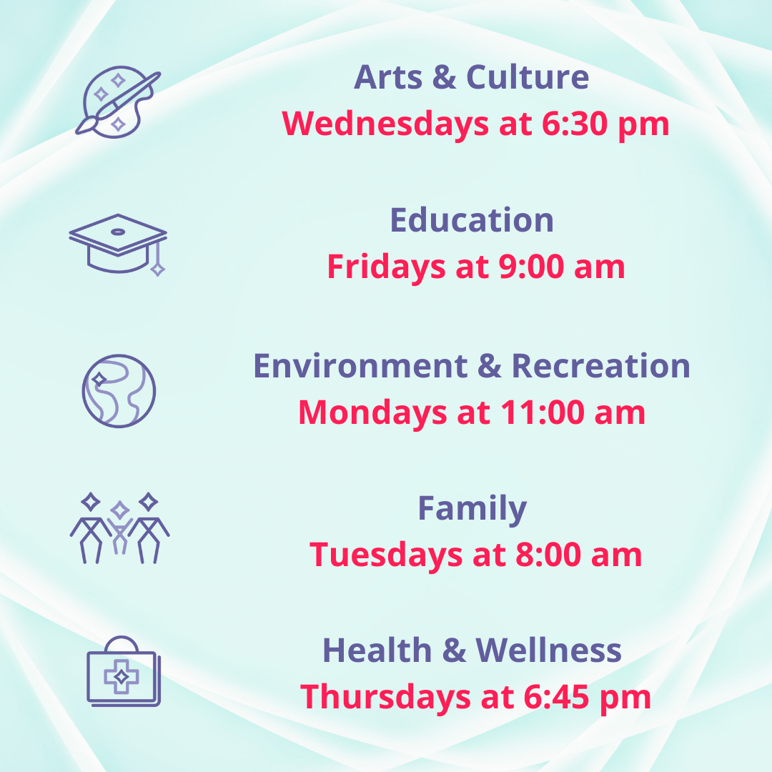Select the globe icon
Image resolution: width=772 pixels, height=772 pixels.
[119, 391]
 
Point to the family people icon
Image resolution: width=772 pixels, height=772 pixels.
[119, 528]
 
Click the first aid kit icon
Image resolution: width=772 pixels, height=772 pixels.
[124, 671]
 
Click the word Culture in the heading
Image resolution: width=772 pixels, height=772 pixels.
[528, 77]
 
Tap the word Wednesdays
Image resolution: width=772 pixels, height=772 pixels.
[385, 124]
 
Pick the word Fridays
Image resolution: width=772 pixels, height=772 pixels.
[387, 267]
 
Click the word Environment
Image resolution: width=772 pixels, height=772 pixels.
[360, 366]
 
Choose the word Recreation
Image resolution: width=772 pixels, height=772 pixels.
[601, 366]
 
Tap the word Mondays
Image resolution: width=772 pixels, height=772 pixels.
[372, 412]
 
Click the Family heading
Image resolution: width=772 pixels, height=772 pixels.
[472, 509]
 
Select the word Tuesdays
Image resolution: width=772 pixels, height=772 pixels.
[386, 555]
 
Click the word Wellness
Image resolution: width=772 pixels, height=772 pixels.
[548, 650]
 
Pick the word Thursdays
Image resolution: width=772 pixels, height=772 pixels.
[385, 697]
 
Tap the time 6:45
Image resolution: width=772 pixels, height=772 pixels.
[556, 697]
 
